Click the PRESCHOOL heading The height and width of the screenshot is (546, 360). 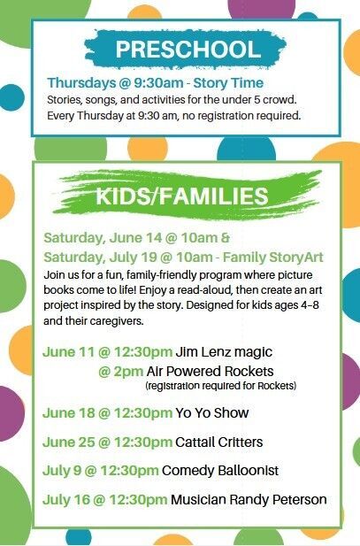[188, 50]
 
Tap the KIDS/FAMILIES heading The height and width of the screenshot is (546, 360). [182, 196]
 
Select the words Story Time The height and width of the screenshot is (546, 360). [228, 83]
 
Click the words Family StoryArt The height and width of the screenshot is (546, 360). [273, 258]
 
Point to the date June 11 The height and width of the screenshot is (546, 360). [69, 351]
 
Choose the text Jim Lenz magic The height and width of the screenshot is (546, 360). [224, 352]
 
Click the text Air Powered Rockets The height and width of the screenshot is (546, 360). [210, 371]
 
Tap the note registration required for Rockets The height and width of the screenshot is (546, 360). [221, 386]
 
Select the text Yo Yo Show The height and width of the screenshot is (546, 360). [212, 413]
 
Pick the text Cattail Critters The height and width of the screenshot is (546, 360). [219, 442]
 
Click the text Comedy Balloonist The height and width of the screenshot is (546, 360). [220, 471]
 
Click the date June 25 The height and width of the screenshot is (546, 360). [69, 442]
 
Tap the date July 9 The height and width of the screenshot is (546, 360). [62, 471]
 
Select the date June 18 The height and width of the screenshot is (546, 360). [69, 413]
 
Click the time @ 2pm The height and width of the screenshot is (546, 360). [121, 372]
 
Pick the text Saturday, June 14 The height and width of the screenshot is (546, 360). [103, 238]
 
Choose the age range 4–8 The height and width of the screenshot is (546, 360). [310, 305]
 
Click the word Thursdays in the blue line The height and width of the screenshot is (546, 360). [81, 83]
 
